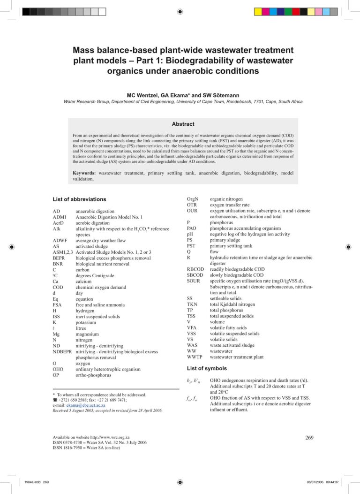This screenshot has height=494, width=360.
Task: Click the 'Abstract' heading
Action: click(183, 124)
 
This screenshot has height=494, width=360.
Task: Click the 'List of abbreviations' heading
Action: click(79, 199)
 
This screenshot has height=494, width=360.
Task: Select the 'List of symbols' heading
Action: click(207, 368)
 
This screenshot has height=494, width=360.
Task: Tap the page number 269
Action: click(309, 438)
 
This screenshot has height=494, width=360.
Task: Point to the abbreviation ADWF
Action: click(60, 241)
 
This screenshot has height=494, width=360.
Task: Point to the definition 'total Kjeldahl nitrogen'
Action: click(232, 304)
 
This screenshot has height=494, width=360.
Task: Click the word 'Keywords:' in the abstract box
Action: click(85, 173)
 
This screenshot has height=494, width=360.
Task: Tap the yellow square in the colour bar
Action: click(258, 11)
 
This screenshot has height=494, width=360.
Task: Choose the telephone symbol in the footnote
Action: click(55, 400)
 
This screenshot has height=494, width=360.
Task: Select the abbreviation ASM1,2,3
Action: click(63, 252)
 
